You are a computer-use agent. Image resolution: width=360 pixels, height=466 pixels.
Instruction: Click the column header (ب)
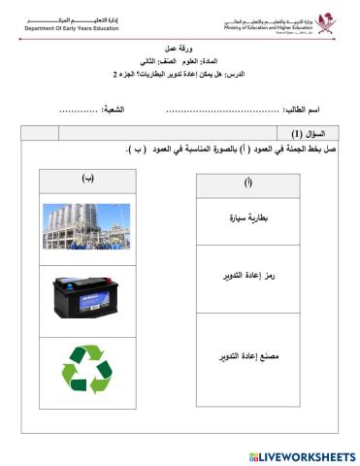pos(88,177)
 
